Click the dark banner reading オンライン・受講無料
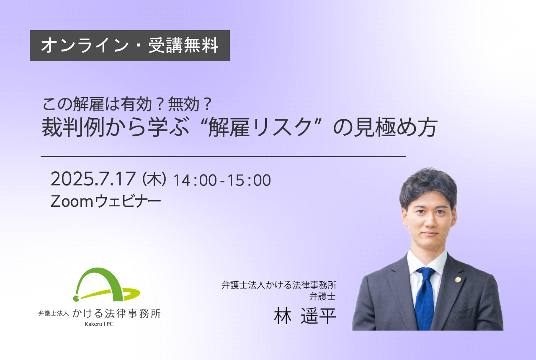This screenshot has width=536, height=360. tap(130, 46)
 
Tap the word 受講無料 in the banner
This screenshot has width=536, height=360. tap(183, 46)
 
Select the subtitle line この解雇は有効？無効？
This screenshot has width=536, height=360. tap(127, 104)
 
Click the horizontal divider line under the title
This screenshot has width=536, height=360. tap(224, 156)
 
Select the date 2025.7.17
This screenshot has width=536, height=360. tap(93, 179)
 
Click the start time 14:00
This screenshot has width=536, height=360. tap(195, 180)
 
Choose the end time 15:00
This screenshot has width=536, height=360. tap(249, 180)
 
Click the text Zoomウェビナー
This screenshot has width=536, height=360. tap(106, 201)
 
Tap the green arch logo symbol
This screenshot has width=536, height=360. tap(106, 285)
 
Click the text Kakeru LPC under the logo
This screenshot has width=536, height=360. tap(99, 324)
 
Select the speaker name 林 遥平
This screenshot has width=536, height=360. tap(305, 316)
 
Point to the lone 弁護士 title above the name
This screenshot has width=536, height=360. tap(322, 297)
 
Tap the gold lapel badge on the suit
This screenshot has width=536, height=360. tap(458, 280)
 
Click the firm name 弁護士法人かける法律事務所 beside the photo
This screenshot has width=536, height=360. tap(279, 285)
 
